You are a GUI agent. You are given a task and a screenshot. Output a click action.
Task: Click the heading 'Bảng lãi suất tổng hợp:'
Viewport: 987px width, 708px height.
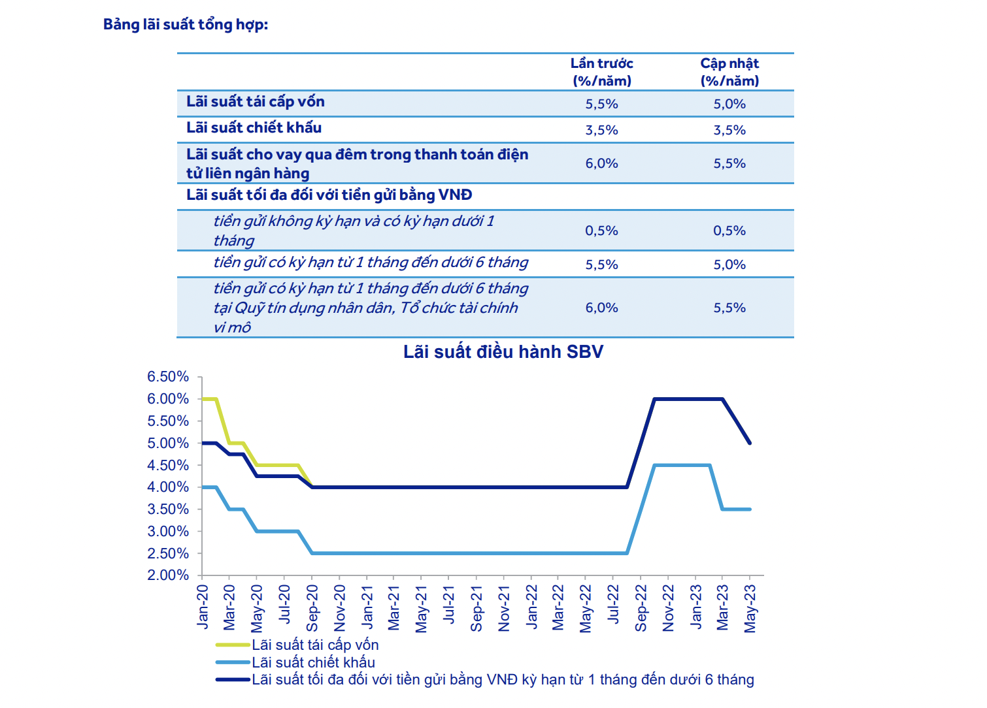186,25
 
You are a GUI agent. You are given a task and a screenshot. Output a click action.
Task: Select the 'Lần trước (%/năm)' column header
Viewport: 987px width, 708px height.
601,72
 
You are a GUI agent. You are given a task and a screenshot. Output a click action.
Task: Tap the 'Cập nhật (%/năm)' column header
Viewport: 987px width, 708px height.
729,72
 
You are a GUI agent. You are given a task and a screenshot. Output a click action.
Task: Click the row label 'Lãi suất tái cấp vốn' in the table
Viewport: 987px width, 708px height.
255,102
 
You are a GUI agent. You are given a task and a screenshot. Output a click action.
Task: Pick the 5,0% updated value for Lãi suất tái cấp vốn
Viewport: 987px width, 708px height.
729,104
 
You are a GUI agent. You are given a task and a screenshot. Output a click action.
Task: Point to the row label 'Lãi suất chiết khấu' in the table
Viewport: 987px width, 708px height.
254,128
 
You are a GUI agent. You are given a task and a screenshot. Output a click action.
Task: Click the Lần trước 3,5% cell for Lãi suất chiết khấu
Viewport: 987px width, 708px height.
601,130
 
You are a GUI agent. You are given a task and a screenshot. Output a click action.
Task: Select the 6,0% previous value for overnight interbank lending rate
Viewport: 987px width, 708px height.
601,163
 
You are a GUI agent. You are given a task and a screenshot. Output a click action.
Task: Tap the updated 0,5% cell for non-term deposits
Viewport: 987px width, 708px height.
729,231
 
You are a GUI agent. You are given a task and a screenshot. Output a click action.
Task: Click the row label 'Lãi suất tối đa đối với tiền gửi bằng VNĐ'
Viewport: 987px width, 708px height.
329,195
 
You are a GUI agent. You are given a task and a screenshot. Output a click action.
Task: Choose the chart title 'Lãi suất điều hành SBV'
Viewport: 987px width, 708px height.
503,352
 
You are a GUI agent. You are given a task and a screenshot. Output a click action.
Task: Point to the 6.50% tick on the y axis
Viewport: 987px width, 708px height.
168,377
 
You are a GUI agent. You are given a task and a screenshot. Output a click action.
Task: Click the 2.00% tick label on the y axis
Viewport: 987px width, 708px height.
168,575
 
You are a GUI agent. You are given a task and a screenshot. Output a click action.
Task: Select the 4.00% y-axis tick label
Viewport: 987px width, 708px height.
168,487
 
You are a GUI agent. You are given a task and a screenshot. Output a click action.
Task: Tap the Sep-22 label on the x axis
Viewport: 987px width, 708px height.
641,608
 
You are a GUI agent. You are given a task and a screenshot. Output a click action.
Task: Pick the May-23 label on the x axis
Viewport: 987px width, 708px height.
750,608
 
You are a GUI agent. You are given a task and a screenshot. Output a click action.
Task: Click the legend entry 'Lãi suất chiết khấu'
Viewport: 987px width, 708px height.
313,662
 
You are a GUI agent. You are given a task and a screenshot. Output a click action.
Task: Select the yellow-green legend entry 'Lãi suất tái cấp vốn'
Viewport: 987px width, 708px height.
315,645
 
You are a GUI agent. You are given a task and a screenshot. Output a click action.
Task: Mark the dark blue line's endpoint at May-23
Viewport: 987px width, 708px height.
750,443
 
